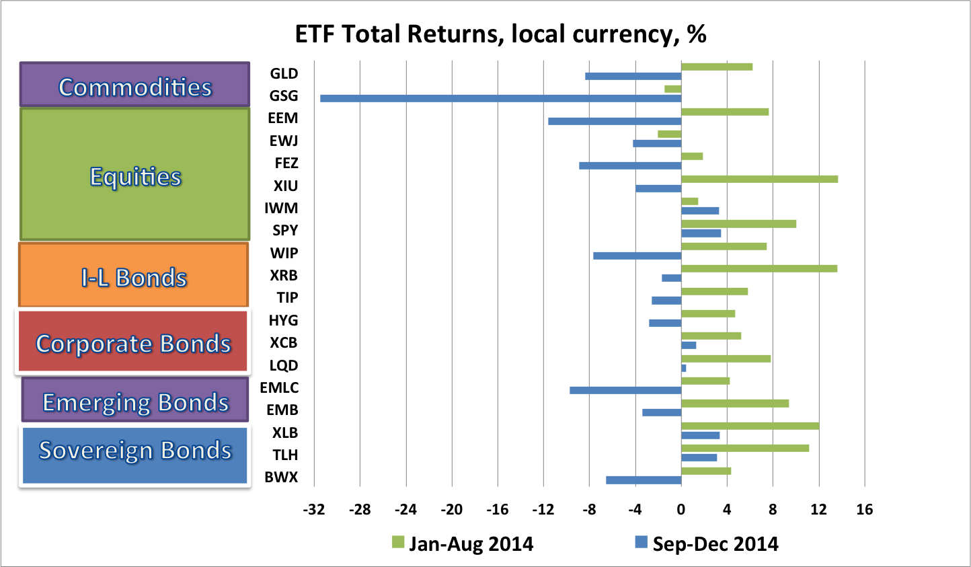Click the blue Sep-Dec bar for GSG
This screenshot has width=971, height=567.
tap(500, 98)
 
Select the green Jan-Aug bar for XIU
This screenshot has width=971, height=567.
tap(759, 179)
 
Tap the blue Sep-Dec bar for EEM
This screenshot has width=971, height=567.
tap(615, 121)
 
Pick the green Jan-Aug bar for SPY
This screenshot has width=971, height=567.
tap(738, 224)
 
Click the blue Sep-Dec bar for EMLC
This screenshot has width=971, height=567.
tap(625, 390)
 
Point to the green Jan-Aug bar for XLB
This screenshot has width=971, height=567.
tap(750, 426)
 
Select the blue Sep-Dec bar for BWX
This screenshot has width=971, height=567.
tap(644, 480)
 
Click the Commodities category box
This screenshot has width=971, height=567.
tap(134, 85)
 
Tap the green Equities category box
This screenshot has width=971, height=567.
tap(135, 174)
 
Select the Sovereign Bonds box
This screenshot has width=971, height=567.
tap(134, 455)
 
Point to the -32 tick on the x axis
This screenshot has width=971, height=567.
tap(314, 509)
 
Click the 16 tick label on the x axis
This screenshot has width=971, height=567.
tap(864, 509)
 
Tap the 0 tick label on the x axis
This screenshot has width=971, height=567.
tap(681, 509)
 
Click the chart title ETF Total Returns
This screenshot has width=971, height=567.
tap(500, 34)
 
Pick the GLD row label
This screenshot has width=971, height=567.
tap(284, 73)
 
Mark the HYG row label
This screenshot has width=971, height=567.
tap(283, 320)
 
